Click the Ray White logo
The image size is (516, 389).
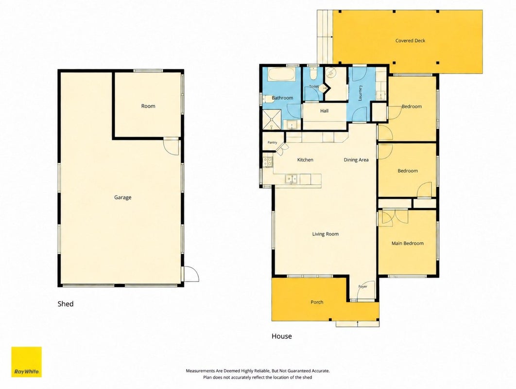pos(26,362)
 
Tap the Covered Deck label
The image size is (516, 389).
pos(410,40)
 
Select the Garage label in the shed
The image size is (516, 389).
pos(123,197)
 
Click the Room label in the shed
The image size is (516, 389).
pos(148,106)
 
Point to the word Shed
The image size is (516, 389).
pos(66,304)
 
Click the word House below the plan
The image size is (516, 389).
pos(282,336)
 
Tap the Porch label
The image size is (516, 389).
pos(317,302)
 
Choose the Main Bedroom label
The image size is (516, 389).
pos(407,243)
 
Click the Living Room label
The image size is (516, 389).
pos(326,234)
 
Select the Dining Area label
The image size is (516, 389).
pos(356,160)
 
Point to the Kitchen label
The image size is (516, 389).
pos(305,160)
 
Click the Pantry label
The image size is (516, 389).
pos(272,142)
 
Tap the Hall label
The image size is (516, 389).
pos(324,111)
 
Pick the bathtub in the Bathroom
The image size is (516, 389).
pos(281,74)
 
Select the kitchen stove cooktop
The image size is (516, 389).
pos(268,162)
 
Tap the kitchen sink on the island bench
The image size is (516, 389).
pos(291,179)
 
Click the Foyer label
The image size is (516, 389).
pos(362,286)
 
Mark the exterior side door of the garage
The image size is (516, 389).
pos(191,274)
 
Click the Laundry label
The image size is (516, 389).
pos(361,93)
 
